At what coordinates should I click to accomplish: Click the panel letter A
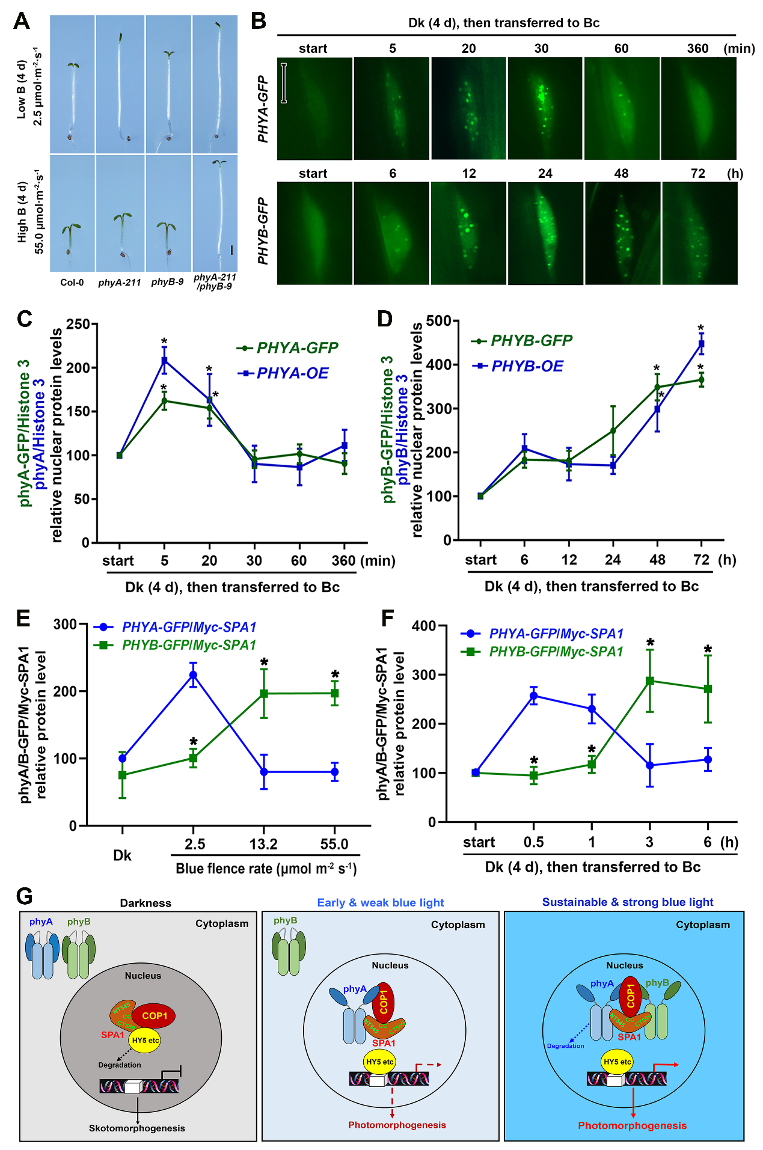[x=21, y=21]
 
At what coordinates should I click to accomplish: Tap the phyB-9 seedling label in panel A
[x=167, y=282]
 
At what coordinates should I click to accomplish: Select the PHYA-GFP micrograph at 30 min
[x=545, y=108]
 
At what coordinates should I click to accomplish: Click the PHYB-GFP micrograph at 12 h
[x=468, y=233]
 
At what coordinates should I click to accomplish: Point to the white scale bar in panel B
[x=284, y=83]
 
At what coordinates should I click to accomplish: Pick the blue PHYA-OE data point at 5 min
[x=164, y=361]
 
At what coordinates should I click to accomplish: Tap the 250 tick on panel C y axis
[x=78, y=324]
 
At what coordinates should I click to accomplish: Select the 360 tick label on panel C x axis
[x=343, y=561]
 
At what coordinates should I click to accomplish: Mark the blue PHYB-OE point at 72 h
[x=701, y=344]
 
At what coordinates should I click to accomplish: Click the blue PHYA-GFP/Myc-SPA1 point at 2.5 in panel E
[x=193, y=675]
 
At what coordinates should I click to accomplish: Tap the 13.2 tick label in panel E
[x=263, y=845]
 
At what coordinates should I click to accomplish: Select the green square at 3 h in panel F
[x=649, y=681]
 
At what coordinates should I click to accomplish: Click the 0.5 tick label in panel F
[x=533, y=842]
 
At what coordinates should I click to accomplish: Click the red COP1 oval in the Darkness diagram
[x=154, y=1016]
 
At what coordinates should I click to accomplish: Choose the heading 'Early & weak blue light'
[x=380, y=902]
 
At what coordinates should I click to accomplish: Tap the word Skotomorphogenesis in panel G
[x=137, y=1128]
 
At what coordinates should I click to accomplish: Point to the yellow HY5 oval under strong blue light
[x=617, y=1062]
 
